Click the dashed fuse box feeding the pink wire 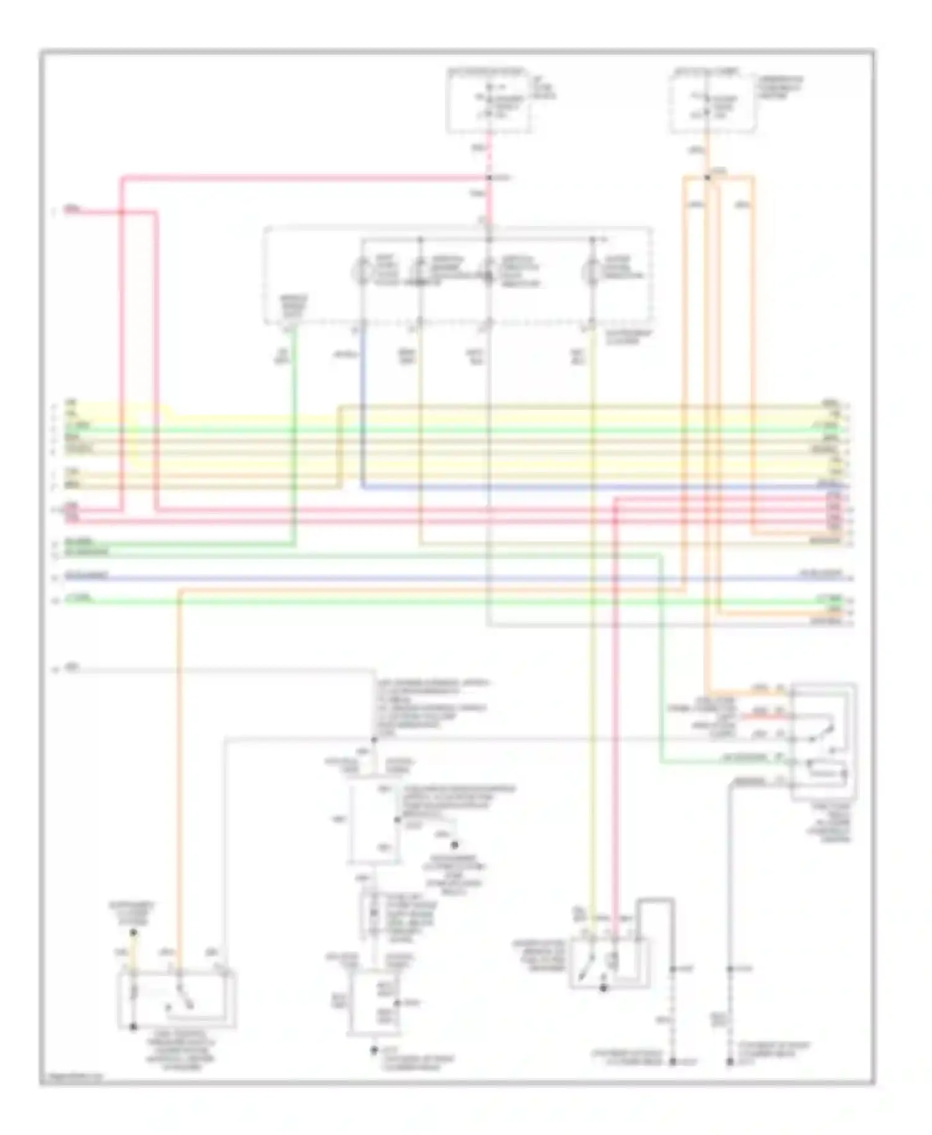[489, 101]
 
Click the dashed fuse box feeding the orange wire [713, 102]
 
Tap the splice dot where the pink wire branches [489, 178]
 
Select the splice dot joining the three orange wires [707, 178]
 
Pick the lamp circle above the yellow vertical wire [591, 271]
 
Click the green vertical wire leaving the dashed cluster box [294, 435]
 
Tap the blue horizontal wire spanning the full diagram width [435, 579]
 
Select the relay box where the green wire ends [823, 742]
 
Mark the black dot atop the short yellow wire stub [134, 933]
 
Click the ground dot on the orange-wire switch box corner [133, 1027]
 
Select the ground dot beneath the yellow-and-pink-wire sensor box [603, 988]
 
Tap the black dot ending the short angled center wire [454, 845]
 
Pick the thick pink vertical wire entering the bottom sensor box [615, 745]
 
